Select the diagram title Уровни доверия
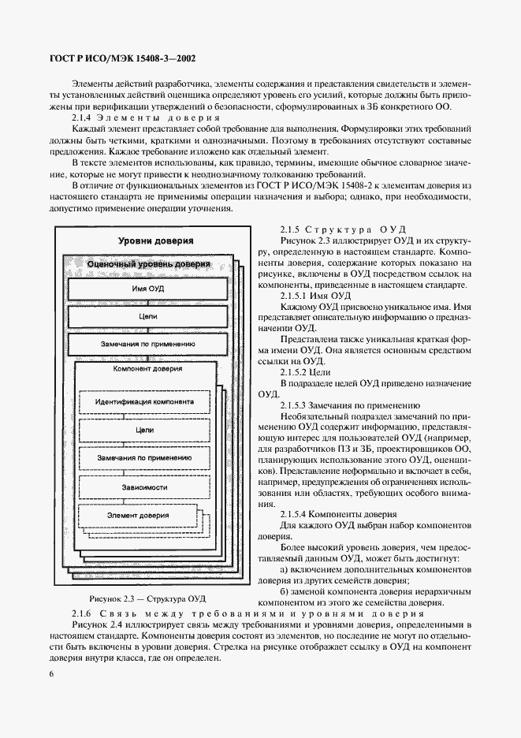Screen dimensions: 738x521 point(156,240)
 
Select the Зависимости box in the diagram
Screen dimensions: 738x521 point(143,486)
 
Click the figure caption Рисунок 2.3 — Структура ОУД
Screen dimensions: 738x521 point(147,598)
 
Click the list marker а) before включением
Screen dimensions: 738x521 point(285,569)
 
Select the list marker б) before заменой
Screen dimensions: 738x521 point(285,591)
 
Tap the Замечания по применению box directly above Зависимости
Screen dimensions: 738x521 point(143,458)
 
